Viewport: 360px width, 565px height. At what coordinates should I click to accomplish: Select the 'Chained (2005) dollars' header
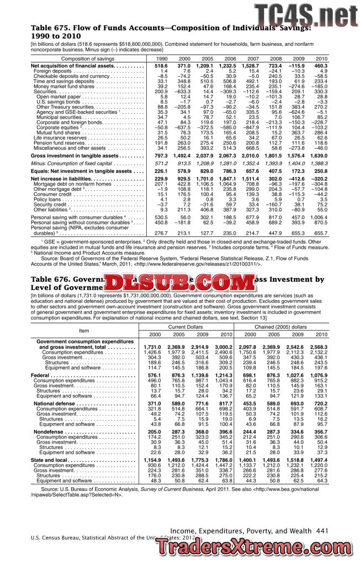(281, 327)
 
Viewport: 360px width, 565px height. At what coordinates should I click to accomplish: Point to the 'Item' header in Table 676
(84, 331)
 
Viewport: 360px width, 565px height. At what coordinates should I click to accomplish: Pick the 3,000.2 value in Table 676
(223, 347)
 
